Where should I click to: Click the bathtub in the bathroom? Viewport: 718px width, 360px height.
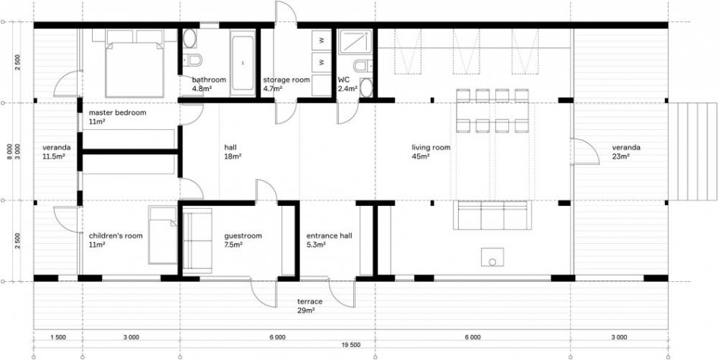click(242, 63)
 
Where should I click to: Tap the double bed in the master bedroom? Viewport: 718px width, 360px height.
click(134, 64)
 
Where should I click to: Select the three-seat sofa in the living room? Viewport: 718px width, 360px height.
click(492, 215)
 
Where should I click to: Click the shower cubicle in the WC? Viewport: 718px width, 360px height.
click(355, 43)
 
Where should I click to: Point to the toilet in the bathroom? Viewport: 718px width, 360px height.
click(192, 59)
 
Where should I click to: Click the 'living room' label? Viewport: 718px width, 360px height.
click(431, 147)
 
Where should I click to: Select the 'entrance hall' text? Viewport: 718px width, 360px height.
click(329, 236)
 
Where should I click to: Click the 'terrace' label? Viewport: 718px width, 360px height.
click(310, 302)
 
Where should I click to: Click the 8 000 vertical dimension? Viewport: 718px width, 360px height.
click(11, 152)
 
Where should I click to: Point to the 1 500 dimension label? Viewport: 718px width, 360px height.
click(59, 337)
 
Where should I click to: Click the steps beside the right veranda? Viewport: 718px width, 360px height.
click(692, 152)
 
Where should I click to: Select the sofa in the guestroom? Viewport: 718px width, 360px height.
click(198, 241)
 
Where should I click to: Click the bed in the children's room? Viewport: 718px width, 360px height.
click(163, 235)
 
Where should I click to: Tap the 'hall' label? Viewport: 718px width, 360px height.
click(230, 147)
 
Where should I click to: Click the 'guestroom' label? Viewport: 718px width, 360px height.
click(242, 236)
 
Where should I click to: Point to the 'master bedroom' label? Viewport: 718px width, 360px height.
click(118, 112)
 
